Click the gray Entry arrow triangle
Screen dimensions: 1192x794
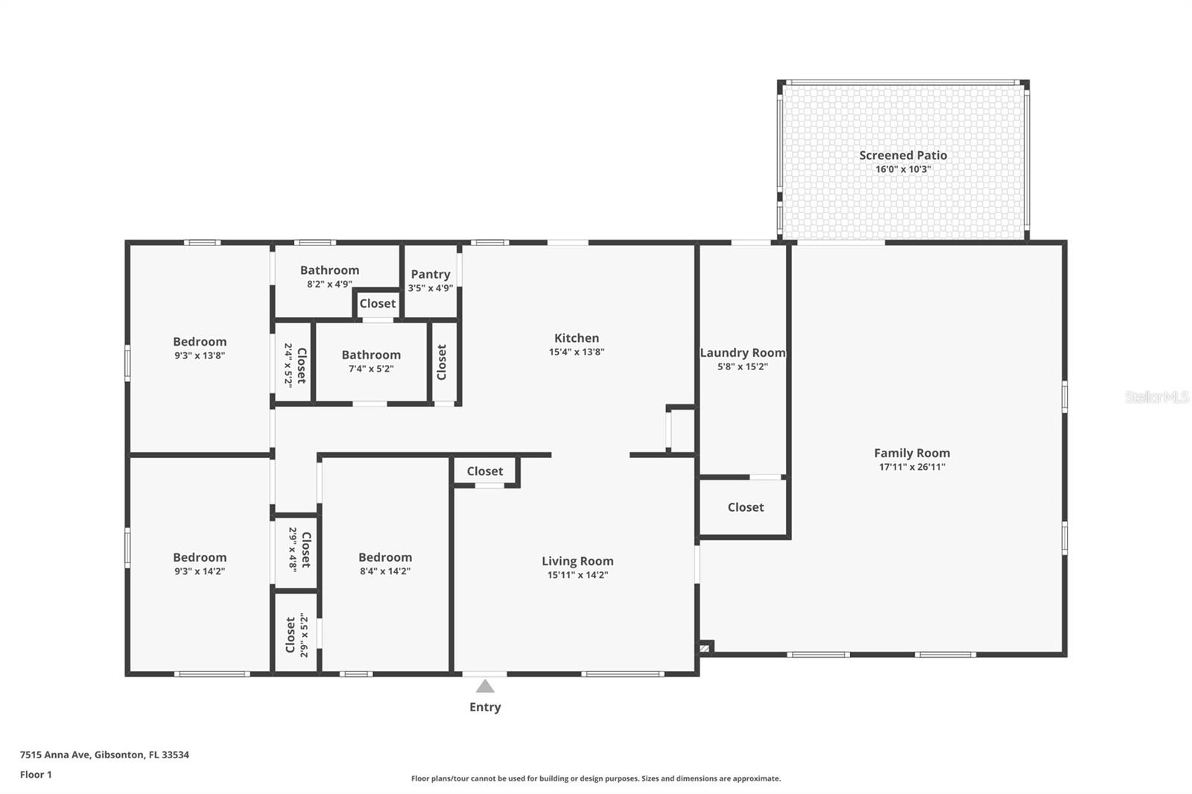pos(485,686)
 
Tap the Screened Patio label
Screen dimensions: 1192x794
pos(903,156)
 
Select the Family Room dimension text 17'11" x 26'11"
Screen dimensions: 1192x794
pos(912,467)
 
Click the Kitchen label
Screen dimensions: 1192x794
pos(577,338)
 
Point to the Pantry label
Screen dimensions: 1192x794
pos(431,274)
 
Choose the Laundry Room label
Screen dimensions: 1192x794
pos(743,352)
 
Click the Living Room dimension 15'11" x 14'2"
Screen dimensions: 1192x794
pos(578,575)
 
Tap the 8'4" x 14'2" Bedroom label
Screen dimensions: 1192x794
pos(385,557)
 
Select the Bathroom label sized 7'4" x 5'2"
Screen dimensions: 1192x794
pos(372,355)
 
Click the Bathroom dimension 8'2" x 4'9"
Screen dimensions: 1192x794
pos(330,285)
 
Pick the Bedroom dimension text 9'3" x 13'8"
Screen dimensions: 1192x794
pos(200,355)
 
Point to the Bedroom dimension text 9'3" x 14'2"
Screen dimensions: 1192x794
pos(200,571)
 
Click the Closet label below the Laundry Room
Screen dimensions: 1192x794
pos(746,507)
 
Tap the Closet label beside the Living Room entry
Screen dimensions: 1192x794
pos(485,471)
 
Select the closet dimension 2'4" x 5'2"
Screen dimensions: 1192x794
pos(288,365)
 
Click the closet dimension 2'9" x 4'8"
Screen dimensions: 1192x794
pos(293,549)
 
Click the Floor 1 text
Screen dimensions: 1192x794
pos(37,775)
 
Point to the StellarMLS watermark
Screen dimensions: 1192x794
pos(1157,396)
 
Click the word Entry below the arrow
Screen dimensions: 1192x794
pos(485,708)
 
